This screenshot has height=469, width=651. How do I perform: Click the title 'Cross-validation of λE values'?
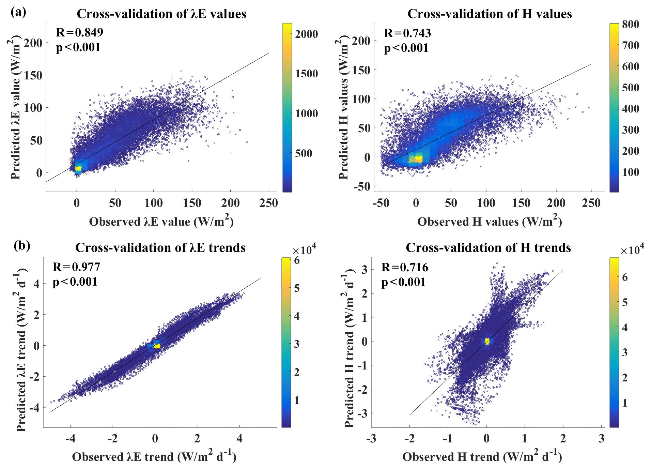161,14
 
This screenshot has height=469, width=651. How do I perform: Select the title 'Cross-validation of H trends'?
488,248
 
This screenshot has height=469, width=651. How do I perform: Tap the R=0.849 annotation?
79,32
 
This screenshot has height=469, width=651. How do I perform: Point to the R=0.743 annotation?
407,33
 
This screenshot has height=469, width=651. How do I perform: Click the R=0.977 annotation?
76,267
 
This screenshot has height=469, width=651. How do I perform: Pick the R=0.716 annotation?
404,268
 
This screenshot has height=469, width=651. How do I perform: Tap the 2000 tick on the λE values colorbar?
306,34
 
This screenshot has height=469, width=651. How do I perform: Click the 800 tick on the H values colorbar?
631,24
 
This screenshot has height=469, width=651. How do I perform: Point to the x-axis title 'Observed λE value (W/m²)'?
161,222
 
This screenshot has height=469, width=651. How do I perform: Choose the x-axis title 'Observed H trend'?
482,457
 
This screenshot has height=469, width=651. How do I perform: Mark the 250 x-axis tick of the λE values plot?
268,203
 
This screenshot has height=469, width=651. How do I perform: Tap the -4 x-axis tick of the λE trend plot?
71,438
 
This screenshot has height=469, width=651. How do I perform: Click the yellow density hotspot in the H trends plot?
487,341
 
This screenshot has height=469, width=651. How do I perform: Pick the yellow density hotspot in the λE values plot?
78,168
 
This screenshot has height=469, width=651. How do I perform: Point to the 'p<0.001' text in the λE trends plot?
75,282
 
